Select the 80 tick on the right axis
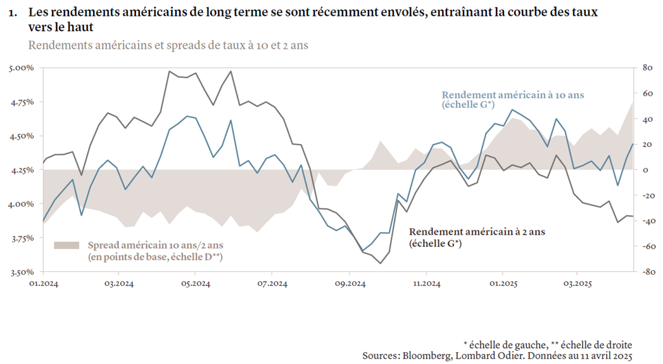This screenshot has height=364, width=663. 648,67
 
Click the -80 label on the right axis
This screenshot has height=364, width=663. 647,272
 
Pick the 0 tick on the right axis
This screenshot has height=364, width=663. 646,170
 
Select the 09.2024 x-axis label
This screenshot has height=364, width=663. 350,283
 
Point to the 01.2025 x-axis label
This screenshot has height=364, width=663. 502,283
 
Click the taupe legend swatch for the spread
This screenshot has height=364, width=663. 66,245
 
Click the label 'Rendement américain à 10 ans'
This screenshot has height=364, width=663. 512,94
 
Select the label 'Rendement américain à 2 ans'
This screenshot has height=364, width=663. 477,232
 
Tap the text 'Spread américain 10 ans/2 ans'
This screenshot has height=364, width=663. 155,245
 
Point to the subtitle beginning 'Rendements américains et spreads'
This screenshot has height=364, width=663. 168,46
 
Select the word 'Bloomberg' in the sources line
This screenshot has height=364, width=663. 428,356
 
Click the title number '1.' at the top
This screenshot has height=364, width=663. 13,13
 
